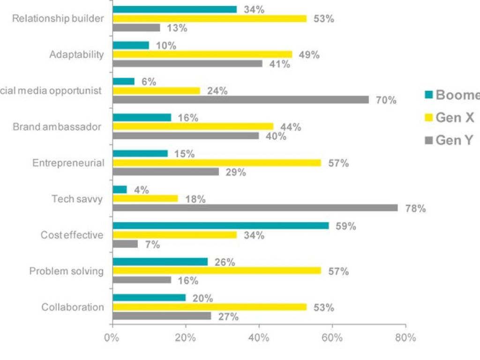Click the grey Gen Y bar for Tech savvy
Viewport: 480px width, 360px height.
click(255, 208)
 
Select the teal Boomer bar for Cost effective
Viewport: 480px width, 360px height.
click(221, 225)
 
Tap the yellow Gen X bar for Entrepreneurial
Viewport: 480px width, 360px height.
click(217, 163)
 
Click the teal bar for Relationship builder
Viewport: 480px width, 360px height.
click(175, 9)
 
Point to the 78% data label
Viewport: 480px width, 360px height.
click(415, 209)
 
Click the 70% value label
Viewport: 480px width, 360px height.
click(386, 100)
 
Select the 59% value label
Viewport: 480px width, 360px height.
click(346, 226)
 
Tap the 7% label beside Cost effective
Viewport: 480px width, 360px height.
click(152, 245)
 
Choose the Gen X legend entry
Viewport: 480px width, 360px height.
click(454, 118)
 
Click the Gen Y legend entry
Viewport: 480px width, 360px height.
click(454, 140)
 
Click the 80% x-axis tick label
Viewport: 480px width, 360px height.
click(405, 337)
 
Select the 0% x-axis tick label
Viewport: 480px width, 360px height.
click(112, 337)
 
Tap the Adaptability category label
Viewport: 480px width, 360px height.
click(76, 54)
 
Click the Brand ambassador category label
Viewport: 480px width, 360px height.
click(57, 127)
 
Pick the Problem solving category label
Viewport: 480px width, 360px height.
click(66, 271)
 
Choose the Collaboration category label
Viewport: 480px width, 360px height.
click(73, 307)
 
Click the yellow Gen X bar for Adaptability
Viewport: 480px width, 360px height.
click(202, 54)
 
